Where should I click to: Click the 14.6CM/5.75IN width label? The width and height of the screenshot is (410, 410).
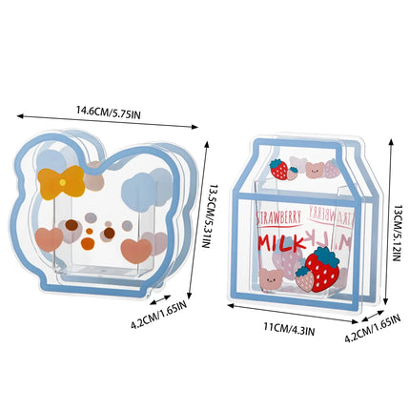point(108,113)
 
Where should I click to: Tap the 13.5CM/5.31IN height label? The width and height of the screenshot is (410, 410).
point(207,216)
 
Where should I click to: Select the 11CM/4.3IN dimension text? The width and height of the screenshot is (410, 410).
point(289,329)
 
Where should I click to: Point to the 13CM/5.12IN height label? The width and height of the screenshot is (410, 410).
point(396,234)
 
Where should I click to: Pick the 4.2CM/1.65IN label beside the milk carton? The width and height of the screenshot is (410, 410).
point(373,328)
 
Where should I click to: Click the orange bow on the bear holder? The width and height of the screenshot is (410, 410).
point(62,182)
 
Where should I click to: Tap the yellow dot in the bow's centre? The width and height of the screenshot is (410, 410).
point(63,182)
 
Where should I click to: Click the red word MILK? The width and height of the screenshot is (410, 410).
point(281,244)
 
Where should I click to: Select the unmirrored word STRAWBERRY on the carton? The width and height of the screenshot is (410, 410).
point(278,217)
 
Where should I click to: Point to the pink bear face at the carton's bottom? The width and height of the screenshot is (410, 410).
point(270,278)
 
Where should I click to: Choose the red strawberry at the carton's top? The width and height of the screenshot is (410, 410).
point(279,169)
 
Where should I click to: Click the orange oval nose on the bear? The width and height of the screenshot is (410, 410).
point(88,243)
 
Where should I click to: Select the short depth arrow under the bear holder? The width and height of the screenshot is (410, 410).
point(161,299)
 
